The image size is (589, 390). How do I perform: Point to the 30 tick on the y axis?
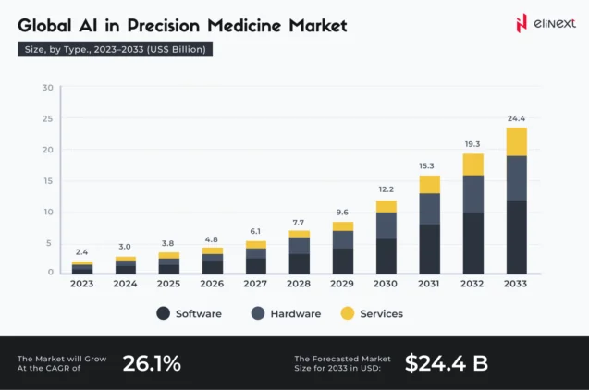point(47,88)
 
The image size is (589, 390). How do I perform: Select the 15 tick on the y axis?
point(47,180)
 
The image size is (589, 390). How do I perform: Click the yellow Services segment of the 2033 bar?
point(516,142)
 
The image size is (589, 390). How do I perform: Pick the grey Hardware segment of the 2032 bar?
point(472,194)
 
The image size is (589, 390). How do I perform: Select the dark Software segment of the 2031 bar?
point(430,249)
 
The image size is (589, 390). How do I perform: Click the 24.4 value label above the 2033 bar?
point(516,118)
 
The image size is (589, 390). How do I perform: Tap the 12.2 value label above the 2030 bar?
point(387,189)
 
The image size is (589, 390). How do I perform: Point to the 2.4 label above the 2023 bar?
point(82,251)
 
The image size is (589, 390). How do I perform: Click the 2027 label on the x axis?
point(256,284)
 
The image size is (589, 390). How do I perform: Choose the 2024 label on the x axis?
point(126,284)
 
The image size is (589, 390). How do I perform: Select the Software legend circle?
point(163,314)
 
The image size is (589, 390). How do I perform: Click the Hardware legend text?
point(295,314)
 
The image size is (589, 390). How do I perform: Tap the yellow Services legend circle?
point(348,314)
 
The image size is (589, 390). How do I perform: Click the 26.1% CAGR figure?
point(152,363)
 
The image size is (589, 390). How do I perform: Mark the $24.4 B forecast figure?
point(446,363)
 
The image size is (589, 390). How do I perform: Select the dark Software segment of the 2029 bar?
point(343,261)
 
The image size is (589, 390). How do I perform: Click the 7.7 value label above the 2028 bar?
point(300,222)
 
